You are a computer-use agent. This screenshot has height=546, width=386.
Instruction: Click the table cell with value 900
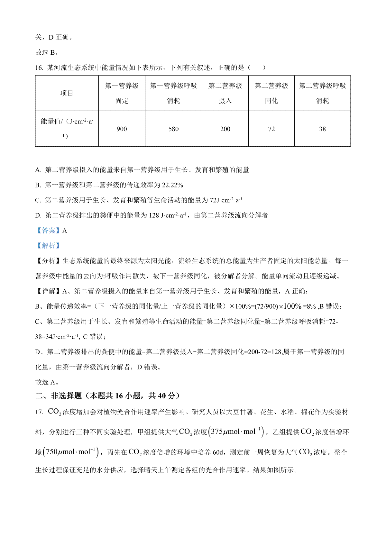[122, 129]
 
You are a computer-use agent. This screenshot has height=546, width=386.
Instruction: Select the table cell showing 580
[173, 129]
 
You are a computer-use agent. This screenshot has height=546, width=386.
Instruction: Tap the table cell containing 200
[225, 129]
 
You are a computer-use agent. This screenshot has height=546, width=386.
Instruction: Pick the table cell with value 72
[271, 129]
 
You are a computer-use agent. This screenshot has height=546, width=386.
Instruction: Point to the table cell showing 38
[322, 129]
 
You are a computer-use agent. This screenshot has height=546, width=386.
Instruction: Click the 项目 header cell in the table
[67, 93]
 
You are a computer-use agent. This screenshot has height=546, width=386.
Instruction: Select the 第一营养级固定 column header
[122, 93]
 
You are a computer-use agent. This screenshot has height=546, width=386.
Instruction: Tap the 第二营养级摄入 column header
[225, 93]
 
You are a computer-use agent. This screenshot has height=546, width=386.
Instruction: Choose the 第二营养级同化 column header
[271, 93]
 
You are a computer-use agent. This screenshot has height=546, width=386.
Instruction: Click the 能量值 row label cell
[67, 129]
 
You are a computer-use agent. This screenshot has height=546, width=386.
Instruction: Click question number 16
[39, 68]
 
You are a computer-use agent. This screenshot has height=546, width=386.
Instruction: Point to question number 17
[39, 412]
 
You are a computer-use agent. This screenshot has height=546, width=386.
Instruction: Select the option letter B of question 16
[38, 185]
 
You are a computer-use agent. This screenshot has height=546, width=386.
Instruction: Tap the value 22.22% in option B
[172, 185]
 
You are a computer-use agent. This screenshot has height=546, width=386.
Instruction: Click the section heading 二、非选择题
[59, 396]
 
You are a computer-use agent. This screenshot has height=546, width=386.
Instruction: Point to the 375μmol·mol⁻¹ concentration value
[236, 432]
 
